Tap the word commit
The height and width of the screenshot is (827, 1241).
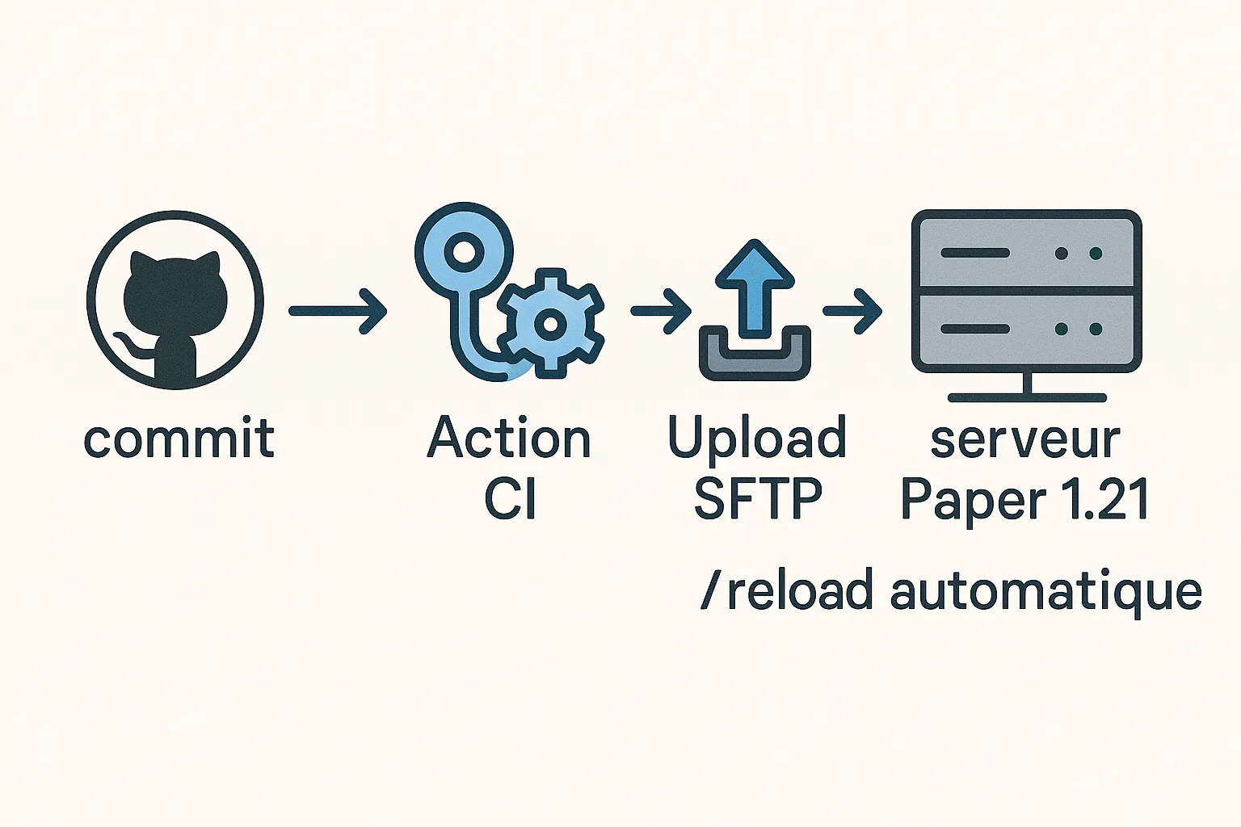pos(179,439)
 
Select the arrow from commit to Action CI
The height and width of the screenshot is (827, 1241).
pos(338,311)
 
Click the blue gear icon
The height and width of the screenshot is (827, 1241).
pos(550,323)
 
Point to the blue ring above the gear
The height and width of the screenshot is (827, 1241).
pos(464,252)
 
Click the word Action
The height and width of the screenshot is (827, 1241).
pos(509,439)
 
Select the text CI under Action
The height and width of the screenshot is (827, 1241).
pos(510,498)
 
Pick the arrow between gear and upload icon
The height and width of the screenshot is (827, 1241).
pos(660,311)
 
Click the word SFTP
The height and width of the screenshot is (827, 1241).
pos(757,498)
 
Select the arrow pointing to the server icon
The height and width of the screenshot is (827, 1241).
pos(852,311)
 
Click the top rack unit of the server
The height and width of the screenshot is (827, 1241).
pos(1026,253)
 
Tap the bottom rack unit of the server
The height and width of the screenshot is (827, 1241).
pos(1026,330)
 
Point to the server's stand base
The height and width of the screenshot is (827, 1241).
pos(1027,397)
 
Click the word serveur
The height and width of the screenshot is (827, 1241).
pos(1024,440)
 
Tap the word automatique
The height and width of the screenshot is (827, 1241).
pos(1045,591)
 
